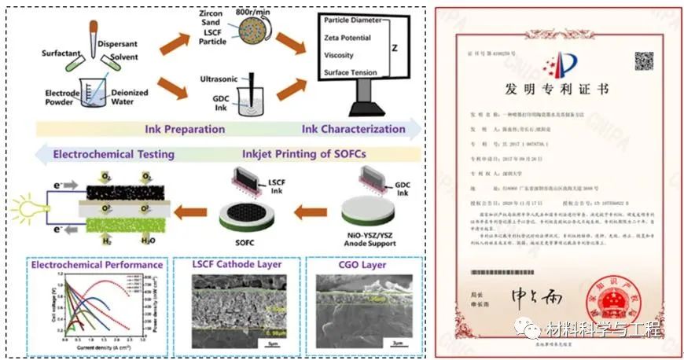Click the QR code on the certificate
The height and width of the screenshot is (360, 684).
click(x=645, y=61)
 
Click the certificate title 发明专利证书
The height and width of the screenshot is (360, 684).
click(x=558, y=90)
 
